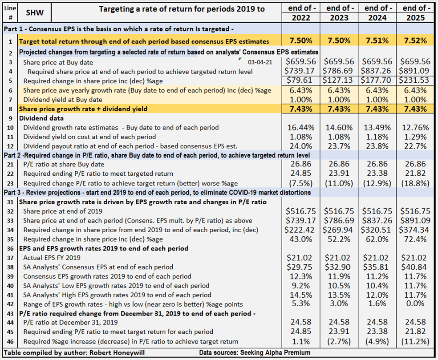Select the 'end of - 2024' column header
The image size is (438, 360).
[377, 12]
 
